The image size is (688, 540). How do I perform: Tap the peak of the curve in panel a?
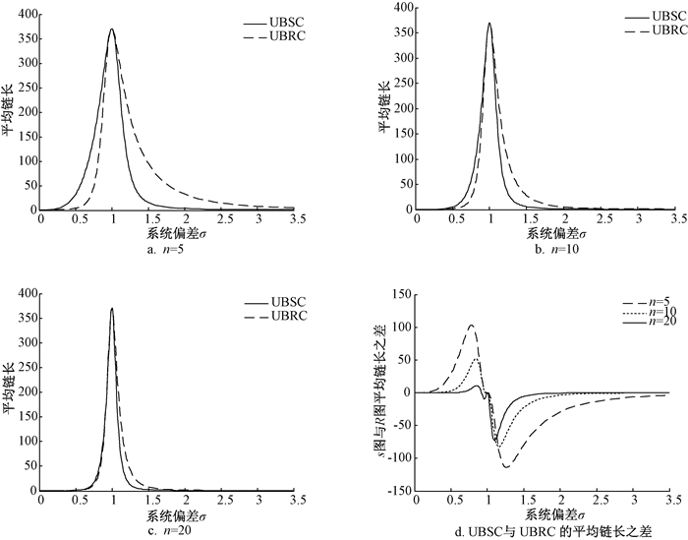tap(112, 29)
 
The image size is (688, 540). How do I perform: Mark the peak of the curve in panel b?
tap(488, 24)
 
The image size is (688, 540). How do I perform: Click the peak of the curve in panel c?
tap(112, 308)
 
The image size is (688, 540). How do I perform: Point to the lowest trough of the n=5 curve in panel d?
tap(507, 466)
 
